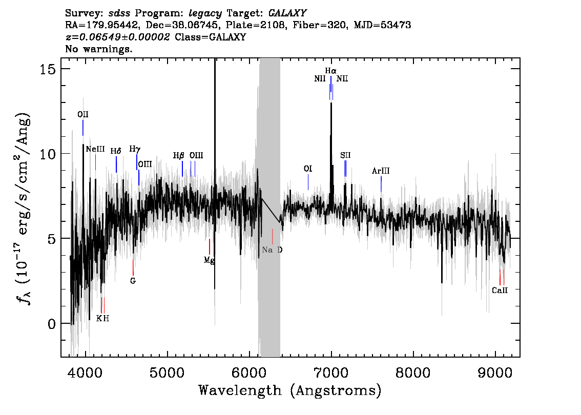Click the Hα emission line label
[x=330, y=70]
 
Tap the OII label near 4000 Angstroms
[x=83, y=114]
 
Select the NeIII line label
[x=95, y=149]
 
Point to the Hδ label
[x=116, y=151]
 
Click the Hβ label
[x=179, y=155]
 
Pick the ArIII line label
[x=381, y=171]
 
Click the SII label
[x=345, y=155]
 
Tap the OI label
[x=308, y=169]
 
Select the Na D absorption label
[x=272, y=250]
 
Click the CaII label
[x=500, y=291]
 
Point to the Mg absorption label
[x=210, y=260]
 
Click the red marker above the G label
[x=133, y=267]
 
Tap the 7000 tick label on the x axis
[x=331, y=373]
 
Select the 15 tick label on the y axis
[x=48, y=69]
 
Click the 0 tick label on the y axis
[x=52, y=323]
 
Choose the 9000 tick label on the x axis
[x=495, y=373]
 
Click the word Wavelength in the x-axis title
[x=240, y=390]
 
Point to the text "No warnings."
[x=98, y=49]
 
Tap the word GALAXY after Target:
[x=287, y=13]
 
